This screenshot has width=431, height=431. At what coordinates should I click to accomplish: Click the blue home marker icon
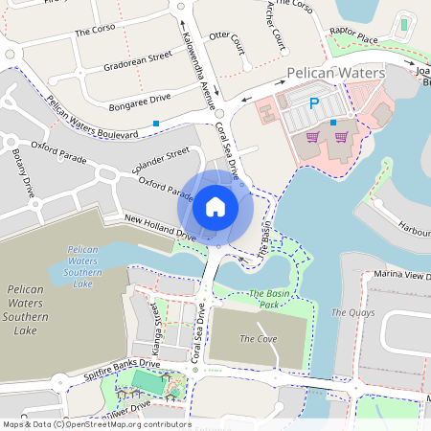pos(215,206)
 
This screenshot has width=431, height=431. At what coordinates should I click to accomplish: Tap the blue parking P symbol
pos(312,103)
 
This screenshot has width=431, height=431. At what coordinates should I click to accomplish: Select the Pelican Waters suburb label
pos(335,73)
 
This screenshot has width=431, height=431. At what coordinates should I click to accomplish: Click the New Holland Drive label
pos(160,228)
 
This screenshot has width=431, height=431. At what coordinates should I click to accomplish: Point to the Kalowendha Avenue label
pos(199,68)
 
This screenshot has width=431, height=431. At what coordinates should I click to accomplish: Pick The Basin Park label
pos(271,299)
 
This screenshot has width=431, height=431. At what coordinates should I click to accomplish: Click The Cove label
pos(258,338)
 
